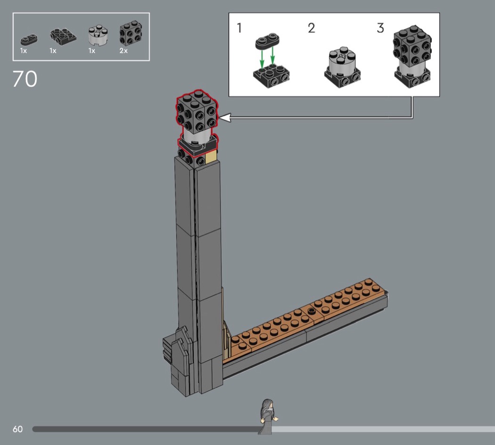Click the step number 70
coord(25,79)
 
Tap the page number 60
coord(18,429)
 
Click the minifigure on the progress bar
coord(268,416)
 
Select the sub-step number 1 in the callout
coord(239,28)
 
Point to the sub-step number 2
coord(312,28)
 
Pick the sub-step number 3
coord(380,28)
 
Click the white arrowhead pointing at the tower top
coord(225,118)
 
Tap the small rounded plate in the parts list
coord(29,40)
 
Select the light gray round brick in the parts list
coord(98,35)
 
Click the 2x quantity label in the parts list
coord(124,51)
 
